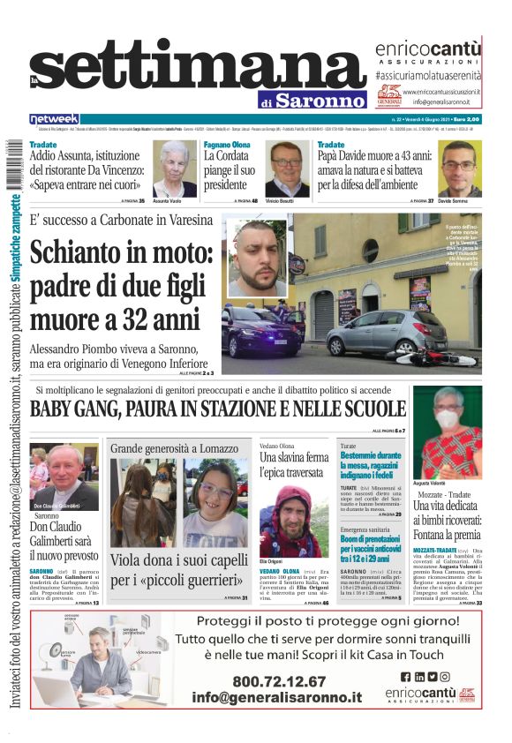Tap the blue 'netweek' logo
click(x=54, y=119)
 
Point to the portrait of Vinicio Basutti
click(x=286, y=169)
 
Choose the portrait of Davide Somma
click(x=459, y=169)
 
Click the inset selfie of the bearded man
click(x=256, y=258)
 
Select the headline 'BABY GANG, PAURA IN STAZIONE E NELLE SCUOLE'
click(x=217, y=409)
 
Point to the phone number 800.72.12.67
click(x=279, y=681)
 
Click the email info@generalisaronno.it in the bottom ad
click(x=277, y=697)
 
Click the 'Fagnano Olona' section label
click(x=227, y=144)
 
